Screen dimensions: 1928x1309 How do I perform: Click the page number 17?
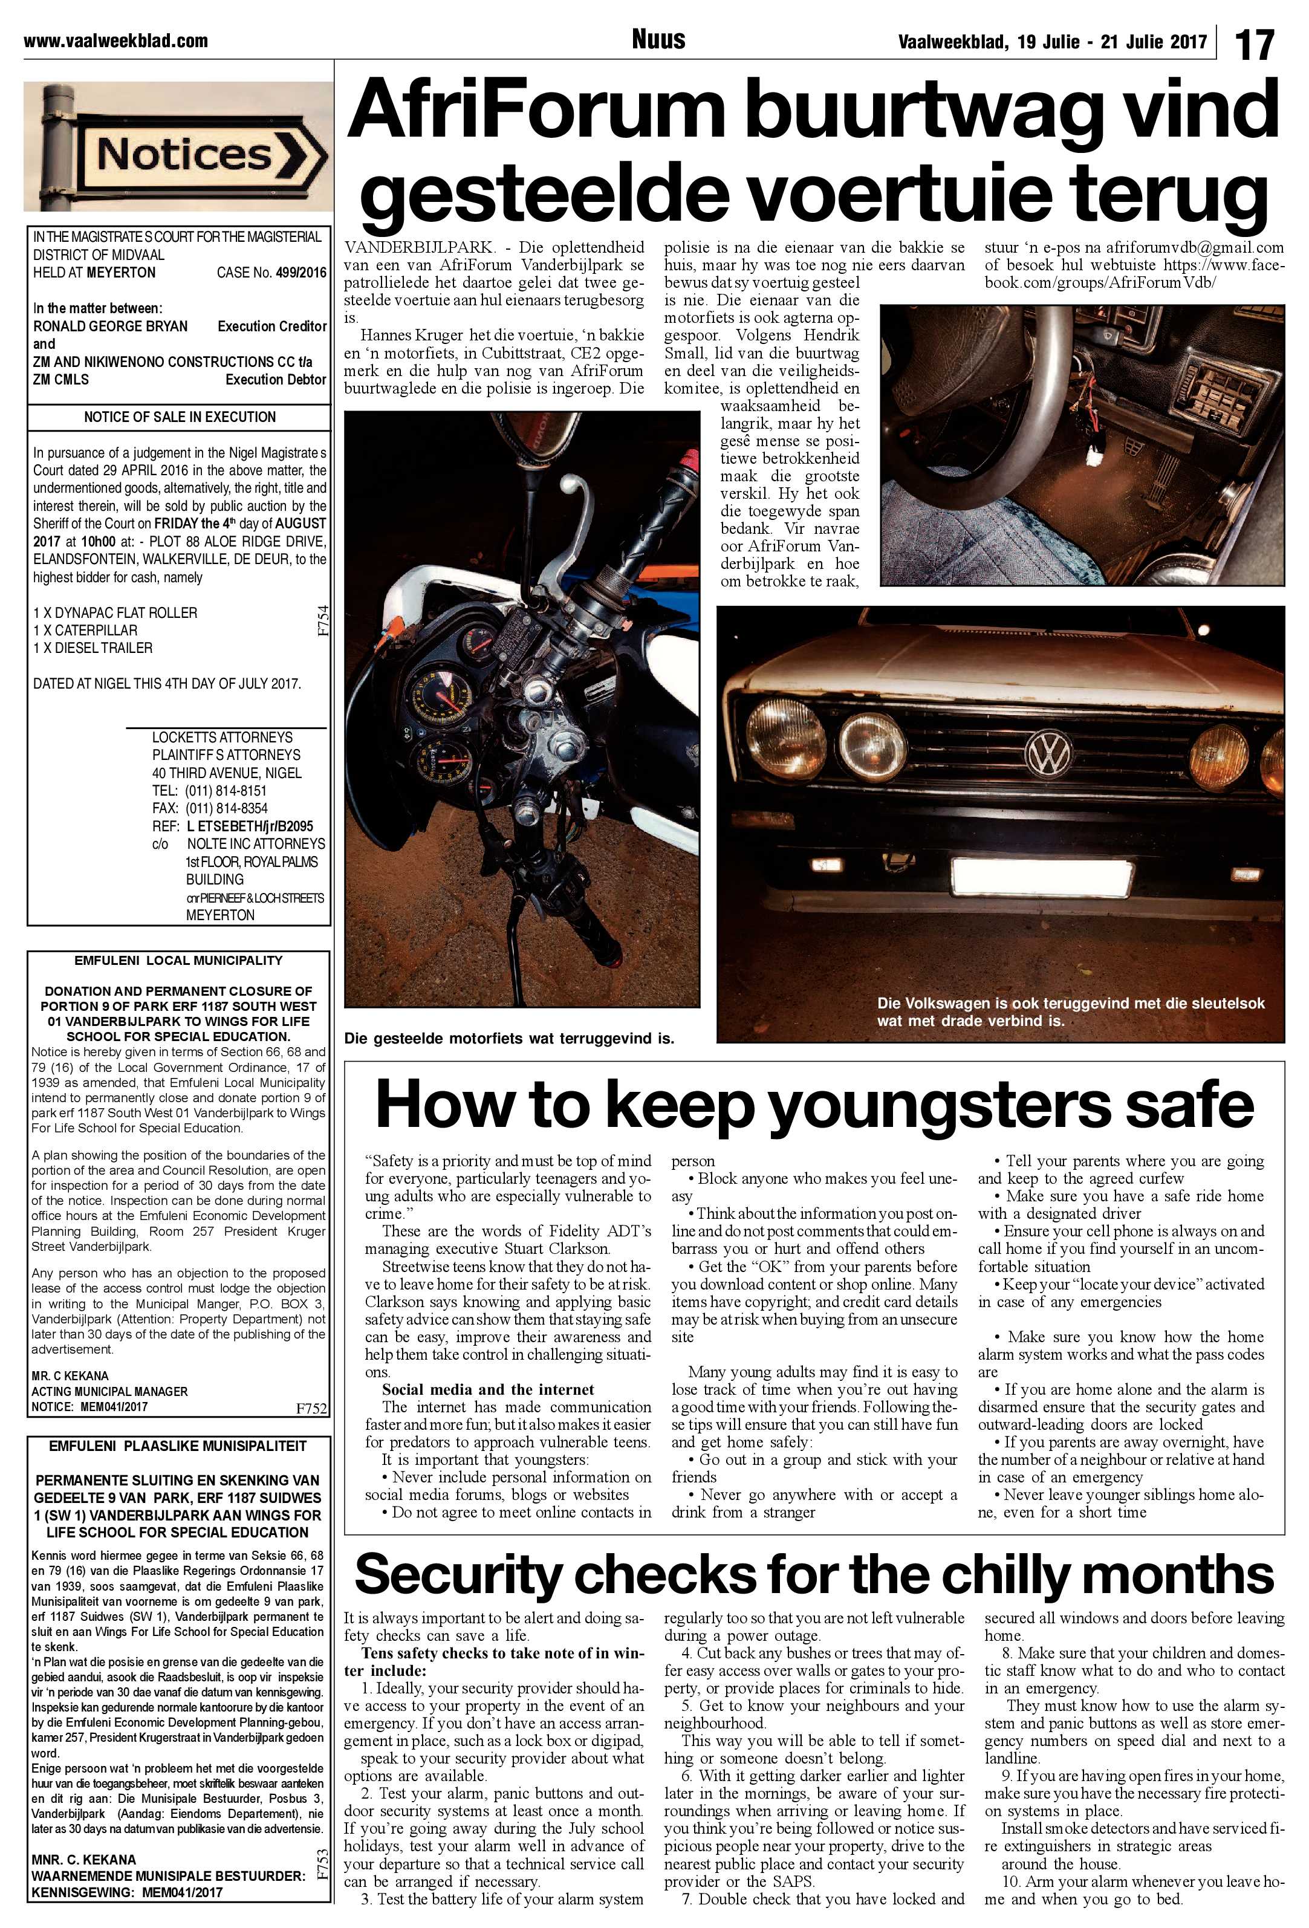1254,43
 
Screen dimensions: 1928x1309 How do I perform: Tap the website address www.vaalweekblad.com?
115,40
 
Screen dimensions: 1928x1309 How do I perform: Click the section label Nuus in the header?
658,39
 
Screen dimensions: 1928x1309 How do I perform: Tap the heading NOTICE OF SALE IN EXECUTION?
179,417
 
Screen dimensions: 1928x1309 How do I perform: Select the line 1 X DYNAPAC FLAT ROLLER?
115,613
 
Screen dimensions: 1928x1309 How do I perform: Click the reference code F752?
311,1409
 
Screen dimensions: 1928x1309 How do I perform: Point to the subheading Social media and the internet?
488,1389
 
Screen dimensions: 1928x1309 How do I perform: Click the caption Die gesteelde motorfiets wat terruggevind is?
509,1039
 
